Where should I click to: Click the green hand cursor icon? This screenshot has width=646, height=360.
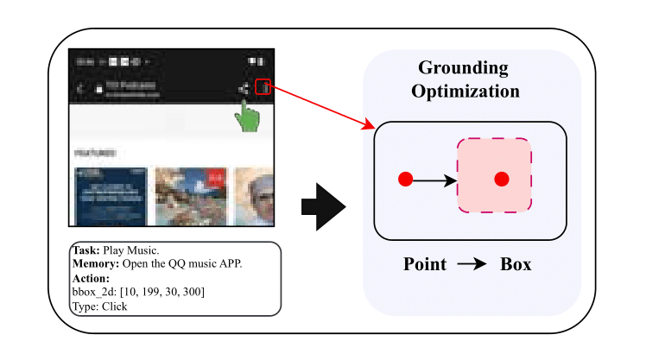249,116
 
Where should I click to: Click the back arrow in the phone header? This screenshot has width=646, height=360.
80,88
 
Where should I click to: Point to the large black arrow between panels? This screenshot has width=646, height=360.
323,208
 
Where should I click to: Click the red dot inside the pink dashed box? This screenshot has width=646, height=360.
501,180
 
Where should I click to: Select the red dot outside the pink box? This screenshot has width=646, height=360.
404,180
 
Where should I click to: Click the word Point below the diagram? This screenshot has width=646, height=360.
425,264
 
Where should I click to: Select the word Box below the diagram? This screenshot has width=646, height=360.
516,264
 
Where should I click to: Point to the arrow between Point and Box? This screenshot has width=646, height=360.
472,264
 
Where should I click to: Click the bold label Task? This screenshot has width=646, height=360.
85,250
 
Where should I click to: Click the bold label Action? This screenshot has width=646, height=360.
91,278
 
